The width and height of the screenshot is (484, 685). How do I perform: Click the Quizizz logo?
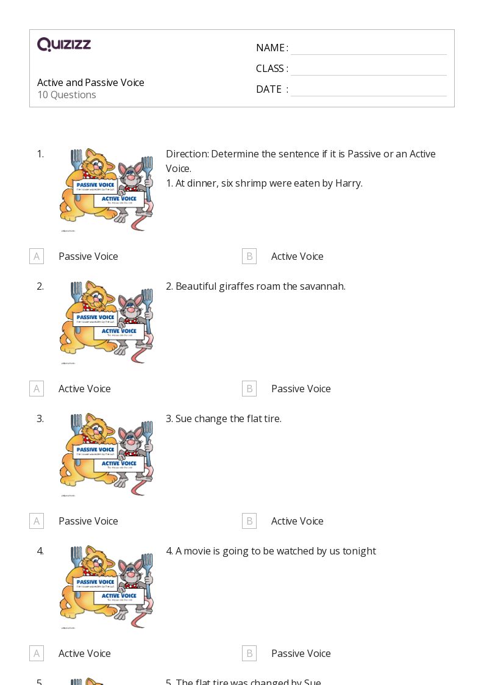(x=64, y=45)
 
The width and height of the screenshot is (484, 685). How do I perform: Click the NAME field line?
(x=368, y=49)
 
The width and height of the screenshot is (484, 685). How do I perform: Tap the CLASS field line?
(x=368, y=70)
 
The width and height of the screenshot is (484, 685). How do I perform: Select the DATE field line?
(x=368, y=90)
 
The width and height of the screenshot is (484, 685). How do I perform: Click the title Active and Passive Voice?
(x=91, y=82)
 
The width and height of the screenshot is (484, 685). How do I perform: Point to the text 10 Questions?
(x=66, y=95)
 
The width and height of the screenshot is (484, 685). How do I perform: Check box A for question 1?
(x=37, y=256)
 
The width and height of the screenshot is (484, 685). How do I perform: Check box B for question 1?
(x=249, y=256)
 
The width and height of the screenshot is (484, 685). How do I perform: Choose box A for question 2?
(x=37, y=389)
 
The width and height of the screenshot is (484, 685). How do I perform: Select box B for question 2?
(x=249, y=389)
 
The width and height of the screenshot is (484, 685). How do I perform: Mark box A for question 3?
(x=37, y=521)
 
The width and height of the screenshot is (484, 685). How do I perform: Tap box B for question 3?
(x=249, y=521)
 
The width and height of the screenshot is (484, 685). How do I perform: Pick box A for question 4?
(x=37, y=653)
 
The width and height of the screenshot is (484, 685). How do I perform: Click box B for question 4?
(x=249, y=653)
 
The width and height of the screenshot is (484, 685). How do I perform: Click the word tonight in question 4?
(x=359, y=551)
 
